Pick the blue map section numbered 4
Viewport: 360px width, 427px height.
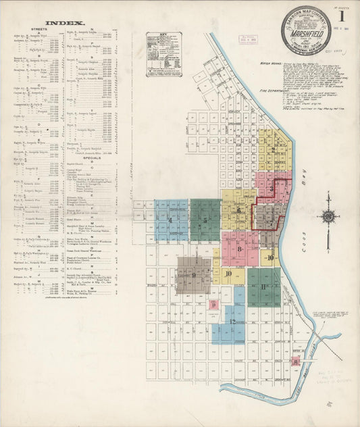click(171, 220)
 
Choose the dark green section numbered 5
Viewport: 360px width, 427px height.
click(205, 220)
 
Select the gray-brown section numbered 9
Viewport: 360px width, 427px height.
click(194, 274)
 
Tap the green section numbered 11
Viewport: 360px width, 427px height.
click(263, 286)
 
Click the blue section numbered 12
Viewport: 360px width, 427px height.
click(232, 322)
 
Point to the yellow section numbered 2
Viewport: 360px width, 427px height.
click(274, 150)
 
